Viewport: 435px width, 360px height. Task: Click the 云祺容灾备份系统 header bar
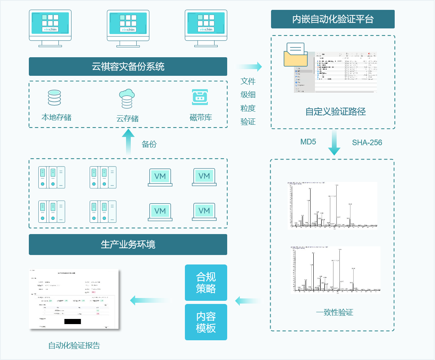pyautogui.click(x=128, y=66)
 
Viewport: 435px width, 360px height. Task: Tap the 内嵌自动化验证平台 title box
pyautogui.click(x=333, y=19)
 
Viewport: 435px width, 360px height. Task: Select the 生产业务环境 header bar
pyautogui.click(x=128, y=244)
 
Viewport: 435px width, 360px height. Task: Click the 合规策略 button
pyautogui.click(x=206, y=283)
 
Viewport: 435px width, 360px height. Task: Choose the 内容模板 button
pyautogui.click(x=206, y=322)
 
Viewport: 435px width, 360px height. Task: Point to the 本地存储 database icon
pyautogui.click(x=55, y=98)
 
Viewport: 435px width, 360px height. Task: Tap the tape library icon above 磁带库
pyautogui.click(x=200, y=97)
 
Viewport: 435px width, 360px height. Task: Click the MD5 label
pyautogui.click(x=308, y=142)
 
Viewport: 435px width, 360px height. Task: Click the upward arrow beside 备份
pyautogui.click(x=128, y=142)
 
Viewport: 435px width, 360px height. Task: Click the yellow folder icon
pyautogui.click(x=296, y=56)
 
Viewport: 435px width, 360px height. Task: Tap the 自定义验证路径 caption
pyautogui.click(x=335, y=112)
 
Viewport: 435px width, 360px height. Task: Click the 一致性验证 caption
pyautogui.click(x=334, y=313)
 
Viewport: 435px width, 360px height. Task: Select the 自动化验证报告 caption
pyautogui.click(x=74, y=346)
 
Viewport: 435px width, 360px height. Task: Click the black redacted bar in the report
pyautogui.click(x=72, y=321)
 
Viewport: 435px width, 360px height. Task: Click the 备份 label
pyautogui.click(x=149, y=144)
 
